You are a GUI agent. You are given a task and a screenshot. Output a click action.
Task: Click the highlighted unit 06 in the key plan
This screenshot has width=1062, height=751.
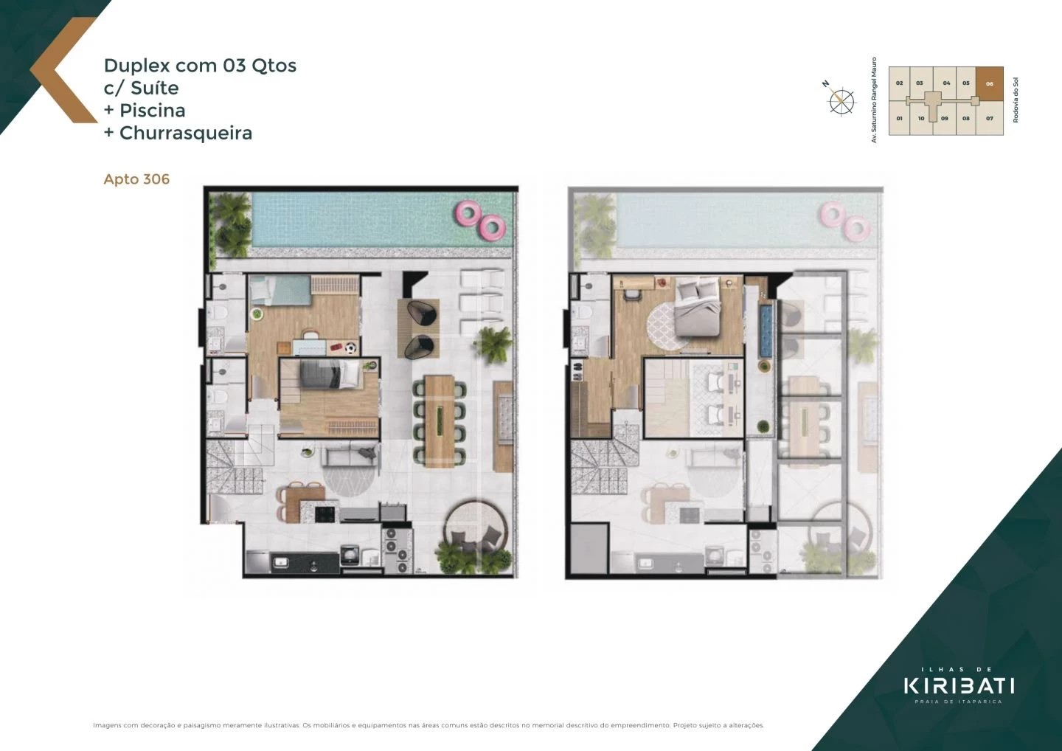989,83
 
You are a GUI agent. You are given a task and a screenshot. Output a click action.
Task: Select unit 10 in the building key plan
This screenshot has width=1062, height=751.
921,118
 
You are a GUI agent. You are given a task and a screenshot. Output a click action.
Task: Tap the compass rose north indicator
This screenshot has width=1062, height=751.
840,100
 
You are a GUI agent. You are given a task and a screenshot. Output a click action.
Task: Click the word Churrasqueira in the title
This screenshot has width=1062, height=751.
186,134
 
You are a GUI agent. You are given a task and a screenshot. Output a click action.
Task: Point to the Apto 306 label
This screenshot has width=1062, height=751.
136,179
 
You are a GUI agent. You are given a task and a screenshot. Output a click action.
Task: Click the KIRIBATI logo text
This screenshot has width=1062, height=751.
959,685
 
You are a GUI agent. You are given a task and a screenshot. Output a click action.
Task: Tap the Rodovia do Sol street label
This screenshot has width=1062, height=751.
1016,100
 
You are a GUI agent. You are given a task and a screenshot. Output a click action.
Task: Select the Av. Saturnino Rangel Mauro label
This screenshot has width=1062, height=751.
875,100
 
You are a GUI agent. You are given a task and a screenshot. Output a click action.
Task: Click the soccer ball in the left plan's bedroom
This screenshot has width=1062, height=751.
352,347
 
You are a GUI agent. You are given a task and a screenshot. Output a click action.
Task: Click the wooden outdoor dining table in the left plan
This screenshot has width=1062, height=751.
440,417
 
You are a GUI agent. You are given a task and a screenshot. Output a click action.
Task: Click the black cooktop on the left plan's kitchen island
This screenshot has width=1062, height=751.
325,513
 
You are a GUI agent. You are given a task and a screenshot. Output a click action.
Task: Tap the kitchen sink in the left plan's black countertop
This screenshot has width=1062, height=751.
280,564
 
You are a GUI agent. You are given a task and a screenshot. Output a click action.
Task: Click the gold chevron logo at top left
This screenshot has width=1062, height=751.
63,70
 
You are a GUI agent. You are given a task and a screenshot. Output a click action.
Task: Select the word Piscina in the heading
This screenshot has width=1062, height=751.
152,111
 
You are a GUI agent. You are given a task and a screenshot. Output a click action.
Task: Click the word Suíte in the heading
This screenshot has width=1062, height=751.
154,89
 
